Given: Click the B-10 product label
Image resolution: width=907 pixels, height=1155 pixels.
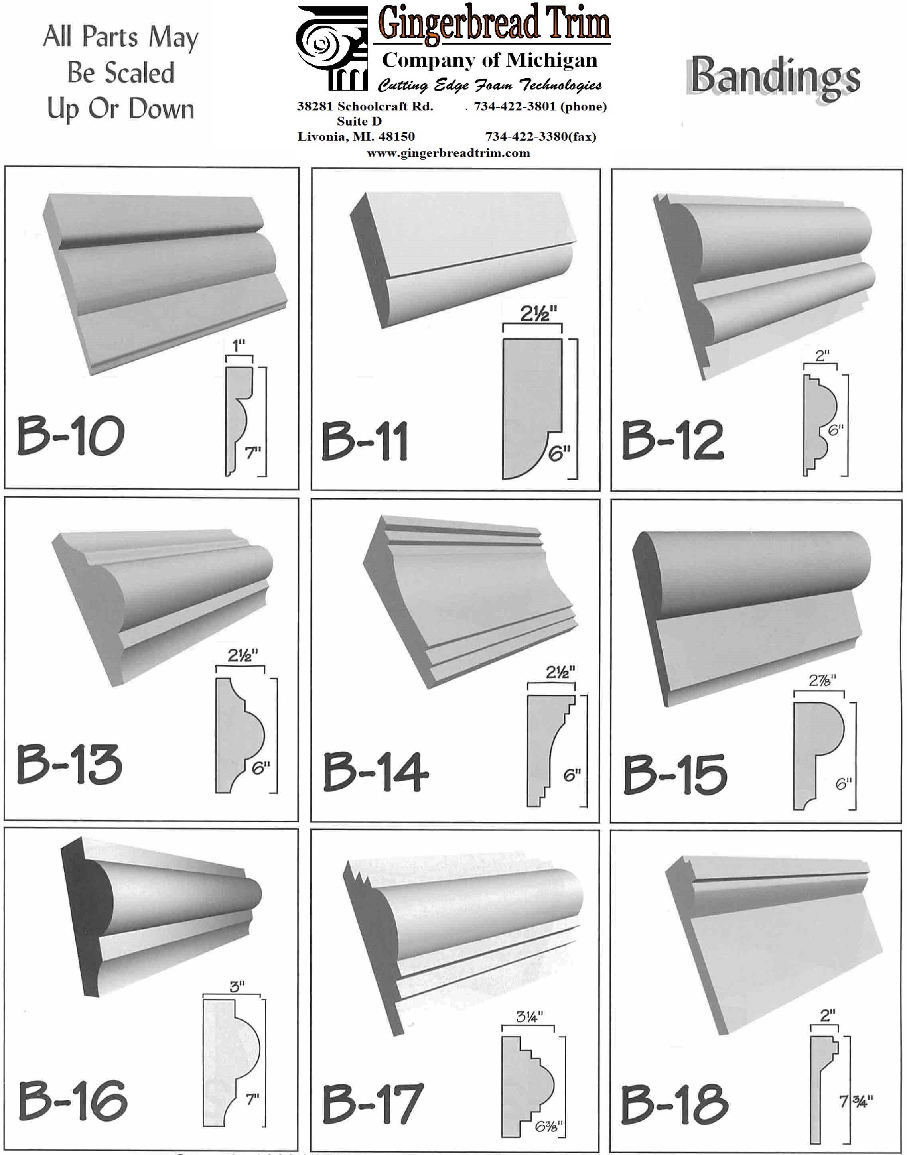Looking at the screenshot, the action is click(71, 436).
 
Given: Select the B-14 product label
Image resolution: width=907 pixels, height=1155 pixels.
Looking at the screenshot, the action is click(376, 772).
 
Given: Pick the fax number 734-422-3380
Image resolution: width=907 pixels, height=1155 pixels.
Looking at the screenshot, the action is click(526, 136).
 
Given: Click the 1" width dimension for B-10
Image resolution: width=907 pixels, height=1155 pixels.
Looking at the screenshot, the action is click(239, 346).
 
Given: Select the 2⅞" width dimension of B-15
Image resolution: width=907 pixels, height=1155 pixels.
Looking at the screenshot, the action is click(822, 680).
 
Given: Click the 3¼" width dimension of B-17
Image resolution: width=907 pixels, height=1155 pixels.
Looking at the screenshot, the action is click(529, 1017).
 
